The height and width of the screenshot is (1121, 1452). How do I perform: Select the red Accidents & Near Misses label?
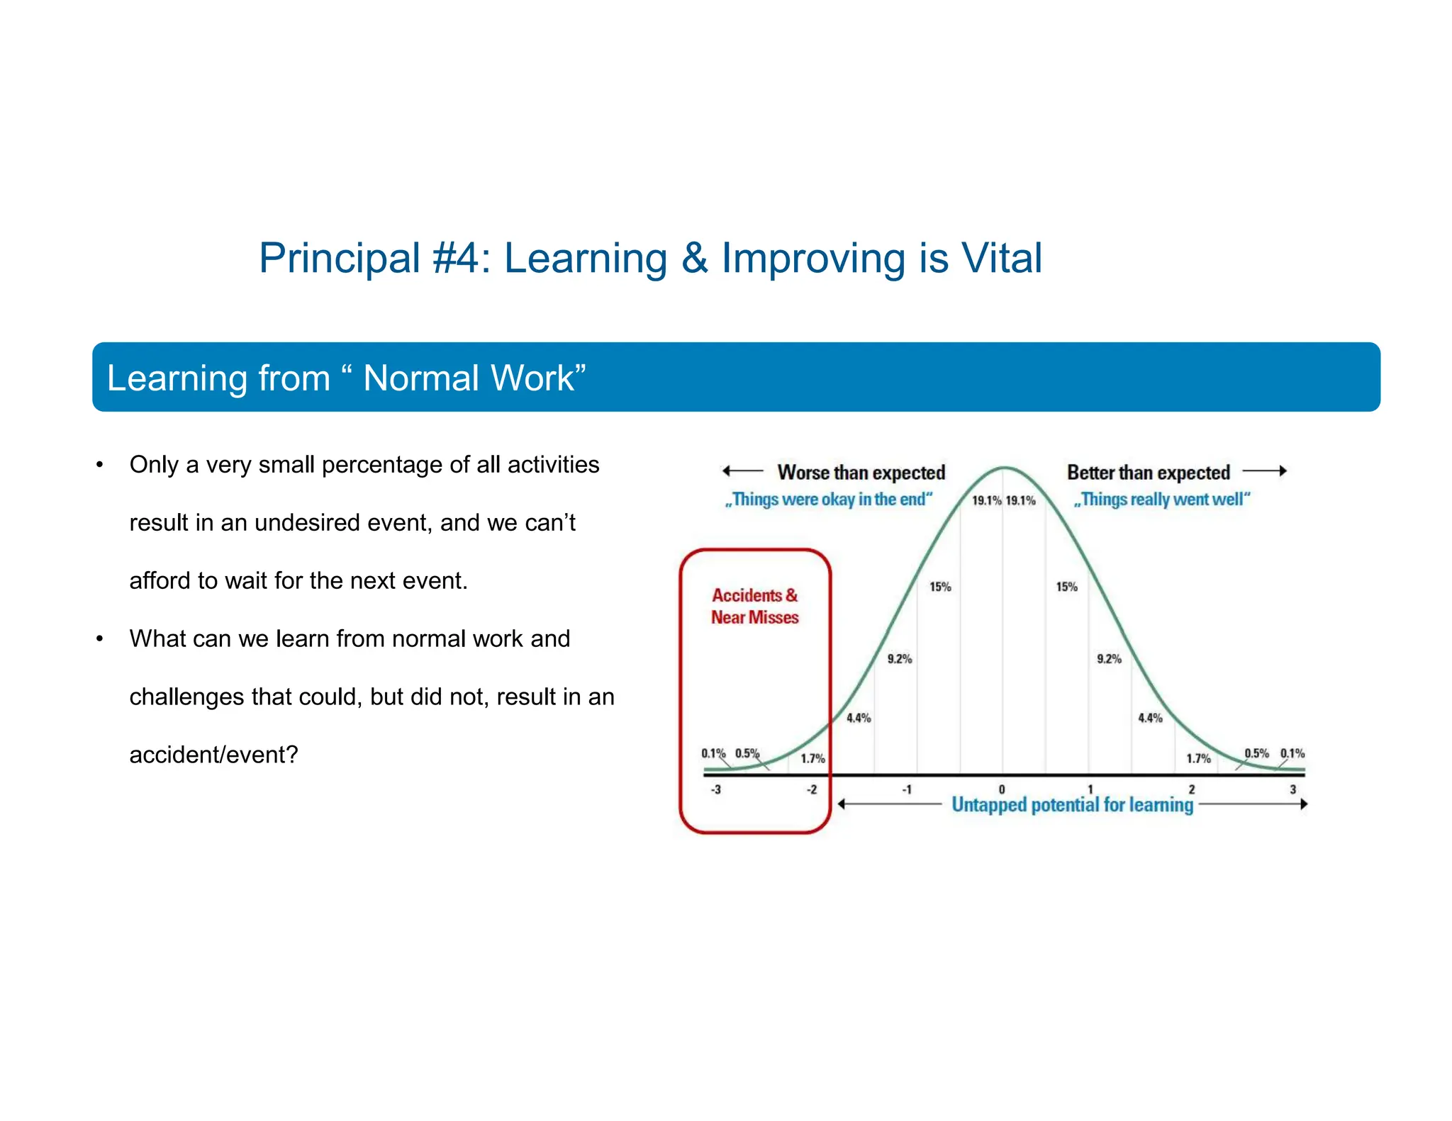[x=754, y=607]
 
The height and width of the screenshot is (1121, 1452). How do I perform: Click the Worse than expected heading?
[x=861, y=473]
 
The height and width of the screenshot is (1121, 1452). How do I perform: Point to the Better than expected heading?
[x=1148, y=473]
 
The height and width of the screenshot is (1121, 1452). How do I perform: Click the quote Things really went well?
[x=1161, y=500]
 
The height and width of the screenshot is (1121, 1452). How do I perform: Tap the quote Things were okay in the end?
[x=827, y=500]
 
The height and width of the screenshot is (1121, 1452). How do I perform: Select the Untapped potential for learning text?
[x=1072, y=805]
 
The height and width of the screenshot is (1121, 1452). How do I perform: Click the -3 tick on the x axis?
[x=716, y=789]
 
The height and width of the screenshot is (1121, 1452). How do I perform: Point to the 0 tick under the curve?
[x=1002, y=789]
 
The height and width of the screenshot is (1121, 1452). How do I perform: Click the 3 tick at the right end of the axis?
[x=1292, y=789]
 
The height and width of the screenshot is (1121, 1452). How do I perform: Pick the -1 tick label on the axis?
[x=906, y=789]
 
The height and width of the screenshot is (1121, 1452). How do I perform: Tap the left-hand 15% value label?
[x=940, y=587]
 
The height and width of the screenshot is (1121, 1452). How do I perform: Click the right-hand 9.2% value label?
[x=1109, y=659]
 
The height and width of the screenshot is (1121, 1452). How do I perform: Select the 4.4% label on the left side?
[x=859, y=718]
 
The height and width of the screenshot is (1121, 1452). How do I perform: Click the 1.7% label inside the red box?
[x=812, y=758]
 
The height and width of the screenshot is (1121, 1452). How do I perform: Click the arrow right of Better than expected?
[x=1265, y=471]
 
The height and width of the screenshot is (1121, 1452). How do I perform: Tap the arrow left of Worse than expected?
[x=742, y=471]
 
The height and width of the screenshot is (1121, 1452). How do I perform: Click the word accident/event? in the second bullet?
[x=213, y=755]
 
